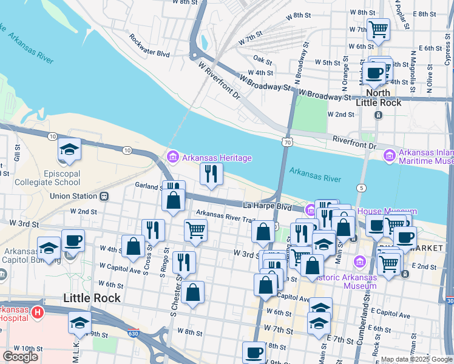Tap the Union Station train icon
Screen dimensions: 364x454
(104, 196)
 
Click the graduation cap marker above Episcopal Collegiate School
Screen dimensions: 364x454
(69, 149)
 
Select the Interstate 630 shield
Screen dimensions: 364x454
(133, 333)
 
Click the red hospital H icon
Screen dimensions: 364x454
(38, 312)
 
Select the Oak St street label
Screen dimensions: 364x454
(262, 59)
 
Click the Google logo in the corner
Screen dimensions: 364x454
(20, 357)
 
